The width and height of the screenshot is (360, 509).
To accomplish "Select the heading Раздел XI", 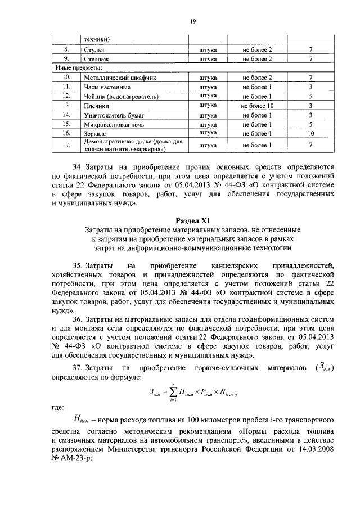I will tap(192, 220).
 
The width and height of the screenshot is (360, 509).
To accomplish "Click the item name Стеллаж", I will tap(96, 60).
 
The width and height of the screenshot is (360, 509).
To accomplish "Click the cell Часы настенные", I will tap(103, 87).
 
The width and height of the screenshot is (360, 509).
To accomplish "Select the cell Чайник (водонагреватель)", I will tap(118, 97).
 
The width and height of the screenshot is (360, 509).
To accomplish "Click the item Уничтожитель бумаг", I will tap(112, 115).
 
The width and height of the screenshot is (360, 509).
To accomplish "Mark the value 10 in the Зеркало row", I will tap(310, 133).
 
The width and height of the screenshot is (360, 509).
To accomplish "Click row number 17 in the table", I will tap(66, 146).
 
